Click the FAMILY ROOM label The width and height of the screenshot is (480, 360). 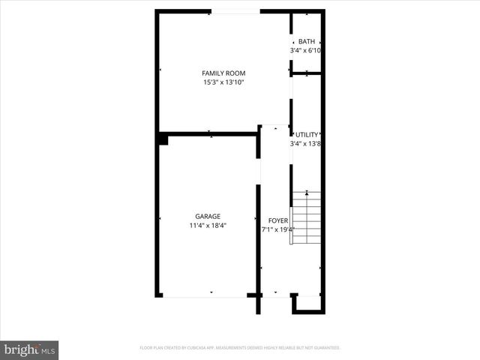(x=223, y=73)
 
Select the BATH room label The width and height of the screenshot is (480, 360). (x=306, y=41)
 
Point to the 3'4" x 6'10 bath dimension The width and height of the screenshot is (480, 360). (x=306, y=50)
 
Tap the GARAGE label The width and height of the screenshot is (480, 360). (x=208, y=216)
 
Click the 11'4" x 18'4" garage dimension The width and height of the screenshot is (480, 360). (x=208, y=225)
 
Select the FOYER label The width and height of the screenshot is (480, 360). (x=277, y=220)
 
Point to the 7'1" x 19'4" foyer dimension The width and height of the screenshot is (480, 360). (x=277, y=229)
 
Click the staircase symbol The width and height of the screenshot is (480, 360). (x=306, y=218)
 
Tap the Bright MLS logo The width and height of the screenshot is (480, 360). (x=30, y=349)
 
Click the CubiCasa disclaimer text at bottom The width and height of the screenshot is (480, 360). (x=240, y=348)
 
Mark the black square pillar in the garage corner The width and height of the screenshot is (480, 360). (x=163, y=139)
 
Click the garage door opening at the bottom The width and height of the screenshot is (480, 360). (x=205, y=297)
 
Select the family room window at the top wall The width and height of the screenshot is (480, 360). (x=236, y=10)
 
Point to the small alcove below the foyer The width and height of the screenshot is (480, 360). (x=306, y=303)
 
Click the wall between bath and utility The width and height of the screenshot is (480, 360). (x=307, y=73)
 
